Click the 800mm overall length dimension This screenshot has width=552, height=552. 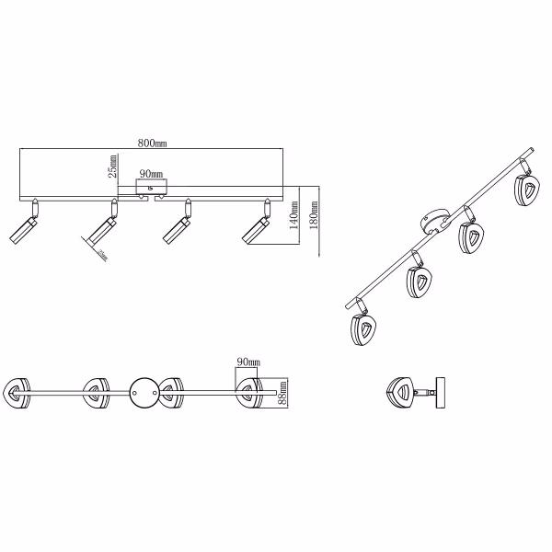point(152,144)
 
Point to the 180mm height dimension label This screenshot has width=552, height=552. point(317,218)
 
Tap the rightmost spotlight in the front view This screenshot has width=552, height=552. point(255,226)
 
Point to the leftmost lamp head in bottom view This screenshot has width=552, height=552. point(19,393)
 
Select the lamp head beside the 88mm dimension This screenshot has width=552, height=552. point(248,393)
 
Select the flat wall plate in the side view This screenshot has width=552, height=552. point(443,394)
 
